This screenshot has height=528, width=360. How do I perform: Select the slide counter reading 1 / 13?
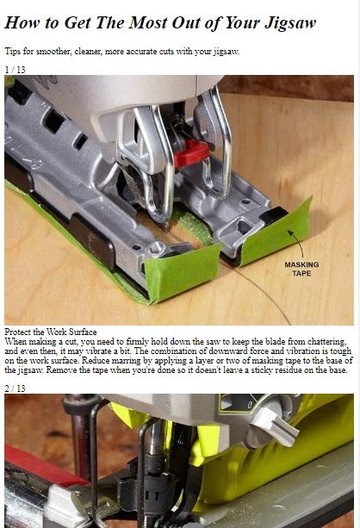point(16,70)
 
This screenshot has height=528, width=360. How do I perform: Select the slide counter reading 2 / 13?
point(16,388)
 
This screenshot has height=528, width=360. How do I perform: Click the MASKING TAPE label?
point(301,269)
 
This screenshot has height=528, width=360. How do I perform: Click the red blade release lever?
point(191,153)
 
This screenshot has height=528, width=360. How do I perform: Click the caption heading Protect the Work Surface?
point(51,332)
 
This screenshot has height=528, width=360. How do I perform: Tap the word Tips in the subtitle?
point(12,52)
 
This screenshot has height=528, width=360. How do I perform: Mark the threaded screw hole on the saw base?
point(155,248)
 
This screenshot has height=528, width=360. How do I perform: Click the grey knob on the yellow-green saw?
point(275,425)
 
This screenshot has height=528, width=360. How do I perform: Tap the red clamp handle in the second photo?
point(40,466)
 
